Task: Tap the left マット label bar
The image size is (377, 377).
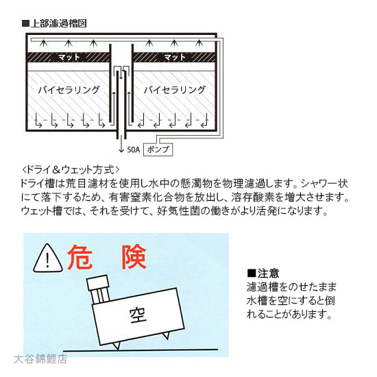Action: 68,58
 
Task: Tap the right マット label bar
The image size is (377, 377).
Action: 175,58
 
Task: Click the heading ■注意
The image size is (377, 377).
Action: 264,272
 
